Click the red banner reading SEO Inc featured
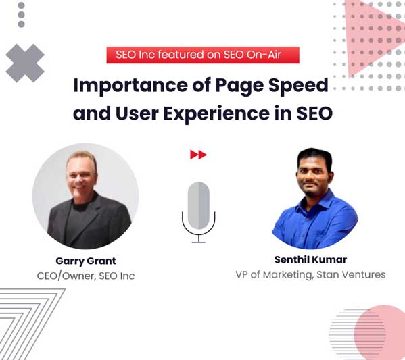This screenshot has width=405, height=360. [x=202, y=55]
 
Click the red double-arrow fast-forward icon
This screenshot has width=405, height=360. [x=198, y=155]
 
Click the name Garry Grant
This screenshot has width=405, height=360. [x=85, y=261]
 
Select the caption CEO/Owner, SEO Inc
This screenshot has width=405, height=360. [x=85, y=276]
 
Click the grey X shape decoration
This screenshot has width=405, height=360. [x=25, y=63]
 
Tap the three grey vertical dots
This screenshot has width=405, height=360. [x=21, y=14]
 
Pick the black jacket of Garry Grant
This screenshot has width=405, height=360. [x=88, y=226]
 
